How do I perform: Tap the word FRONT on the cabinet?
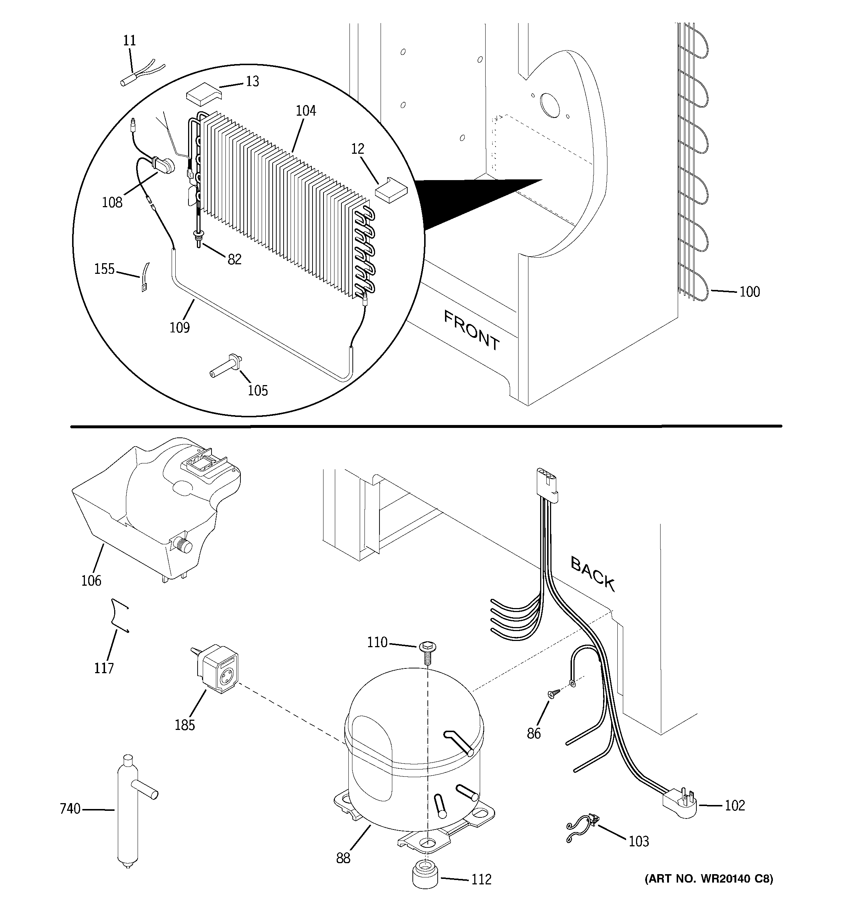pos(471,330)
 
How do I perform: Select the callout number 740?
pos(70,809)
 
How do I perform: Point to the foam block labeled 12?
pos(392,189)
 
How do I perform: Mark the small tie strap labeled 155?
pos(145,277)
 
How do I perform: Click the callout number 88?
pos(343,858)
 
